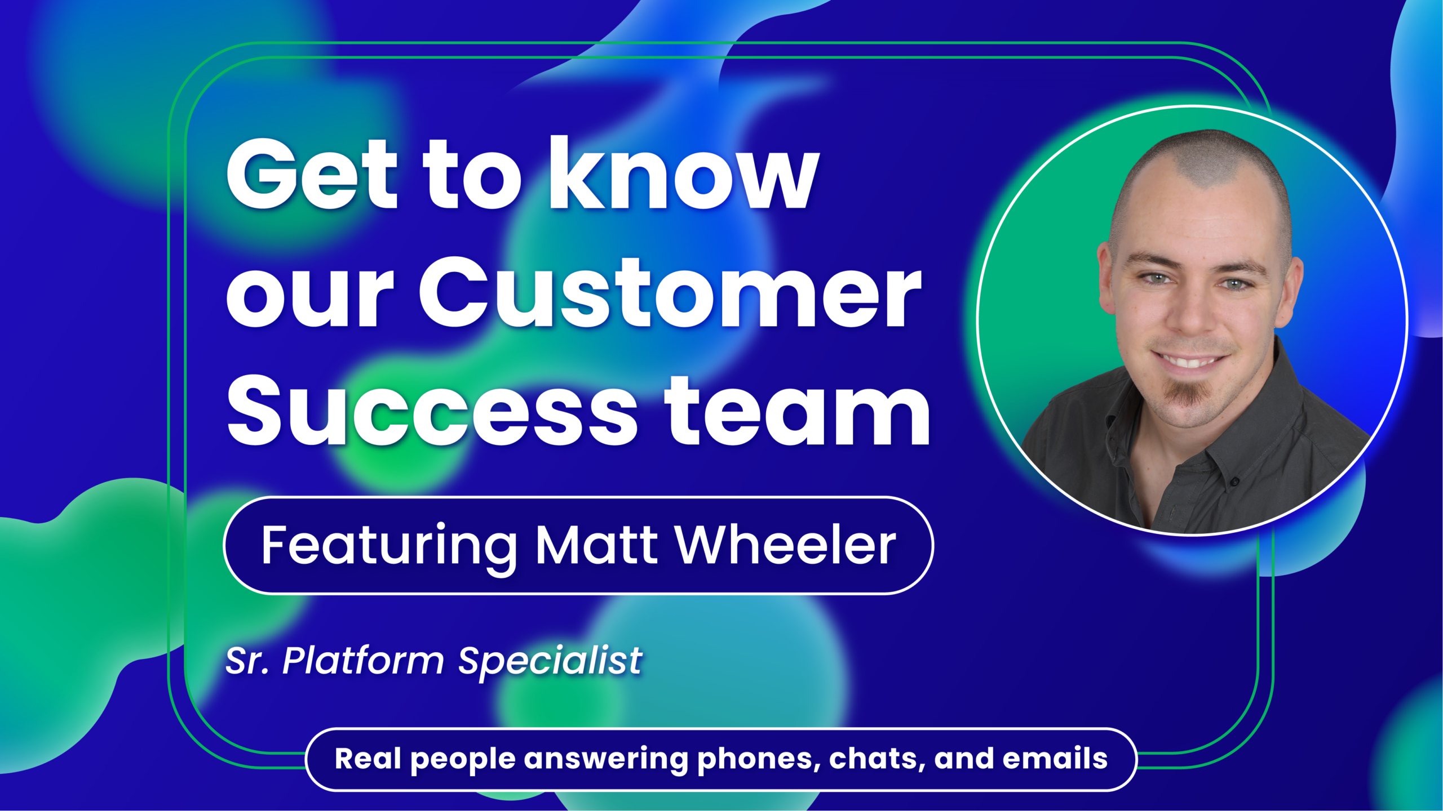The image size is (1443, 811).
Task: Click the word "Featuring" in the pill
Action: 389,545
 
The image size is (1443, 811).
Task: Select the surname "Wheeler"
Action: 786,545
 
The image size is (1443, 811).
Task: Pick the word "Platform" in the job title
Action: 363,660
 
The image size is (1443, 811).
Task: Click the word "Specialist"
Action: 550,660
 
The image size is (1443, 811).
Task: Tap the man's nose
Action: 1192,315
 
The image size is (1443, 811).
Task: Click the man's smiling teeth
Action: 1188,360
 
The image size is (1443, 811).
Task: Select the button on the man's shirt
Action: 1234,482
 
